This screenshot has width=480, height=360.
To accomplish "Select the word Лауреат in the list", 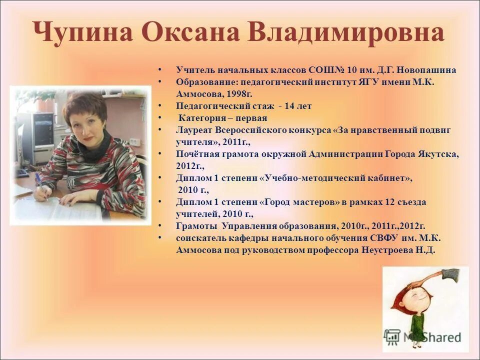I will (194, 130).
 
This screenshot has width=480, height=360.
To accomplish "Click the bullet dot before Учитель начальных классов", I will (159, 69).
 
